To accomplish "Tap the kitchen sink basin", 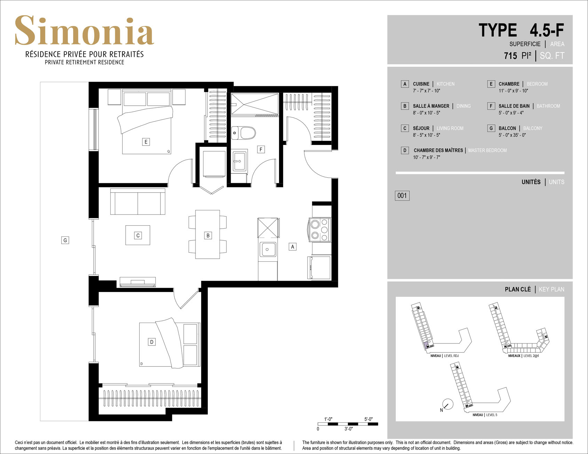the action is [268, 249].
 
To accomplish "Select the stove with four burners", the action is [319, 230].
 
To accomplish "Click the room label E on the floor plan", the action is [146, 142].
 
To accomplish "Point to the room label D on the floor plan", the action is [152, 342].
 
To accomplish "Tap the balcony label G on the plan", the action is [65, 240].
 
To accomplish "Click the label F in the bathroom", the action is [261, 149].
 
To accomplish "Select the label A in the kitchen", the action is [293, 247].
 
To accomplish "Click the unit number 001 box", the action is [402, 195].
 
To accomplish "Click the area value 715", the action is [510, 56].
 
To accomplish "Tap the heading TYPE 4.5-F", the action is [521, 30].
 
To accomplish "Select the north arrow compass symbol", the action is [447, 404].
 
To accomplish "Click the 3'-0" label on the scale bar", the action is [349, 429].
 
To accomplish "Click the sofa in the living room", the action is [138, 202].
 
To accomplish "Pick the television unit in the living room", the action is [138, 282].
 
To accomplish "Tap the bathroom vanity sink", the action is [239, 161].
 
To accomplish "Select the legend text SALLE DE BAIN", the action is [514, 106].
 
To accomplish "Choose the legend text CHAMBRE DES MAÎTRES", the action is [438, 151].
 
